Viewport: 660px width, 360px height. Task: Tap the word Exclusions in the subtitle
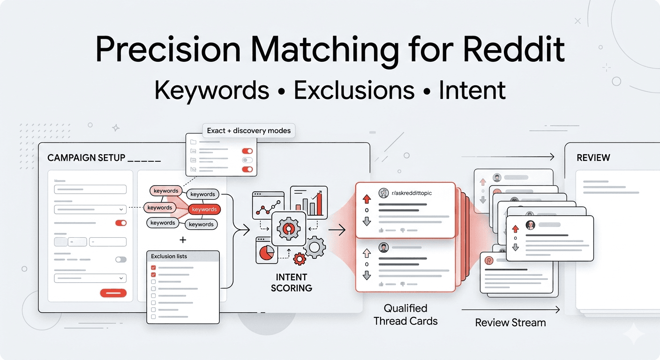point(354,90)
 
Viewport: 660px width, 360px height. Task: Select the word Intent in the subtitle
point(472,90)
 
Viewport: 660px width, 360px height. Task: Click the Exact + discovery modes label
point(248,130)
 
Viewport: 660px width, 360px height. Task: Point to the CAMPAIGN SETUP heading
point(86,158)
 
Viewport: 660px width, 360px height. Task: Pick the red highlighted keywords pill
point(204,210)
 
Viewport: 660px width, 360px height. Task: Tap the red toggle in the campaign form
point(120,223)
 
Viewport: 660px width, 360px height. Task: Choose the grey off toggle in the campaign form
point(120,259)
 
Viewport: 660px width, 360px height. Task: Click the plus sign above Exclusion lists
point(183,240)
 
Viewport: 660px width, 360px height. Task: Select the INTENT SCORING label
point(291,282)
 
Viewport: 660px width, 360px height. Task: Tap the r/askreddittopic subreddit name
point(411,193)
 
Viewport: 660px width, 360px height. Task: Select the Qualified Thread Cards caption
point(405,315)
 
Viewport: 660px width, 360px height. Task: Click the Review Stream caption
point(510,322)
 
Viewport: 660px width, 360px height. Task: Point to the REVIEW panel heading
point(593,158)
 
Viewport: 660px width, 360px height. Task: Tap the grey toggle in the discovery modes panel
point(247,160)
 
